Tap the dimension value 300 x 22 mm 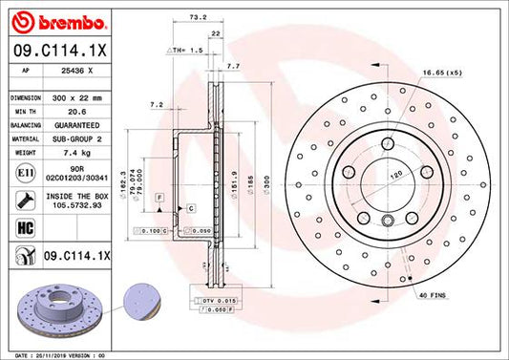pos(75,98)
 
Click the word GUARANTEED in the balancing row pos(75,125)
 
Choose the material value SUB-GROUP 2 pos(75,138)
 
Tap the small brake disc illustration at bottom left pos(48,304)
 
